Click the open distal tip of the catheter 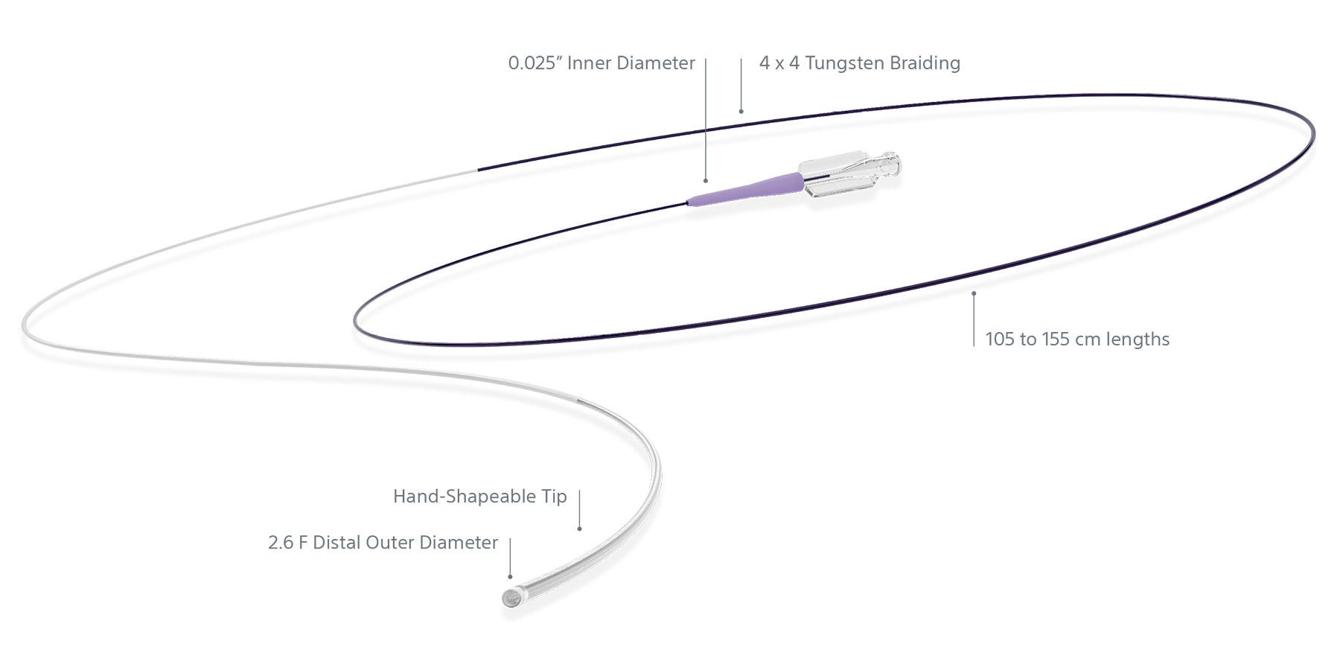click(512, 598)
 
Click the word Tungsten click(843, 63)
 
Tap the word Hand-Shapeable click(465, 497)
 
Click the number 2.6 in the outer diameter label click(281, 543)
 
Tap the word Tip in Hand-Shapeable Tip click(555, 497)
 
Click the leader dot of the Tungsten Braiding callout click(741, 112)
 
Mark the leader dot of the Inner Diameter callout click(706, 180)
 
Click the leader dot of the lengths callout click(974, 293)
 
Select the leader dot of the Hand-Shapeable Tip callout click(579, 529)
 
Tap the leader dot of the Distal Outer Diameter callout click(510, 576)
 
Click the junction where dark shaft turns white click(477, 170)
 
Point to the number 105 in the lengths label click(1001, 339)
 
